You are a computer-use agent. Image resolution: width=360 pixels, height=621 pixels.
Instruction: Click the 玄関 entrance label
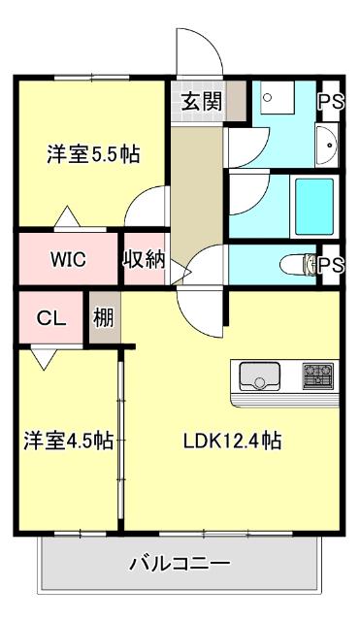(201, 100)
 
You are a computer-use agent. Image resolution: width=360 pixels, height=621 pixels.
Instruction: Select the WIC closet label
(69, 259)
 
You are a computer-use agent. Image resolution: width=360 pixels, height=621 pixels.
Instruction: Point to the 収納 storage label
(144, 259)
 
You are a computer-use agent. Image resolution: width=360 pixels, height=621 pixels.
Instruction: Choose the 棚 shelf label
(103, 317)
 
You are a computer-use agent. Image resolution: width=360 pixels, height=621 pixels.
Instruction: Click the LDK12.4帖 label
(233, 441)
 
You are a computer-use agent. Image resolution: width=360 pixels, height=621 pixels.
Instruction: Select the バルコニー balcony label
(179, 563)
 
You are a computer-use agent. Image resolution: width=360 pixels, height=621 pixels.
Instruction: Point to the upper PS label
(331, 100)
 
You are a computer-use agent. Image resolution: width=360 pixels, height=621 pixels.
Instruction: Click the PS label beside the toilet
(331, 264)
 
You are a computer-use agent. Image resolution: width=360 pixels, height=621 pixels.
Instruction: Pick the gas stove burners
(317, 374)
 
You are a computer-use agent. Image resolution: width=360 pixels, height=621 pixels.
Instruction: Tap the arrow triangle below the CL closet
(42, 360)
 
